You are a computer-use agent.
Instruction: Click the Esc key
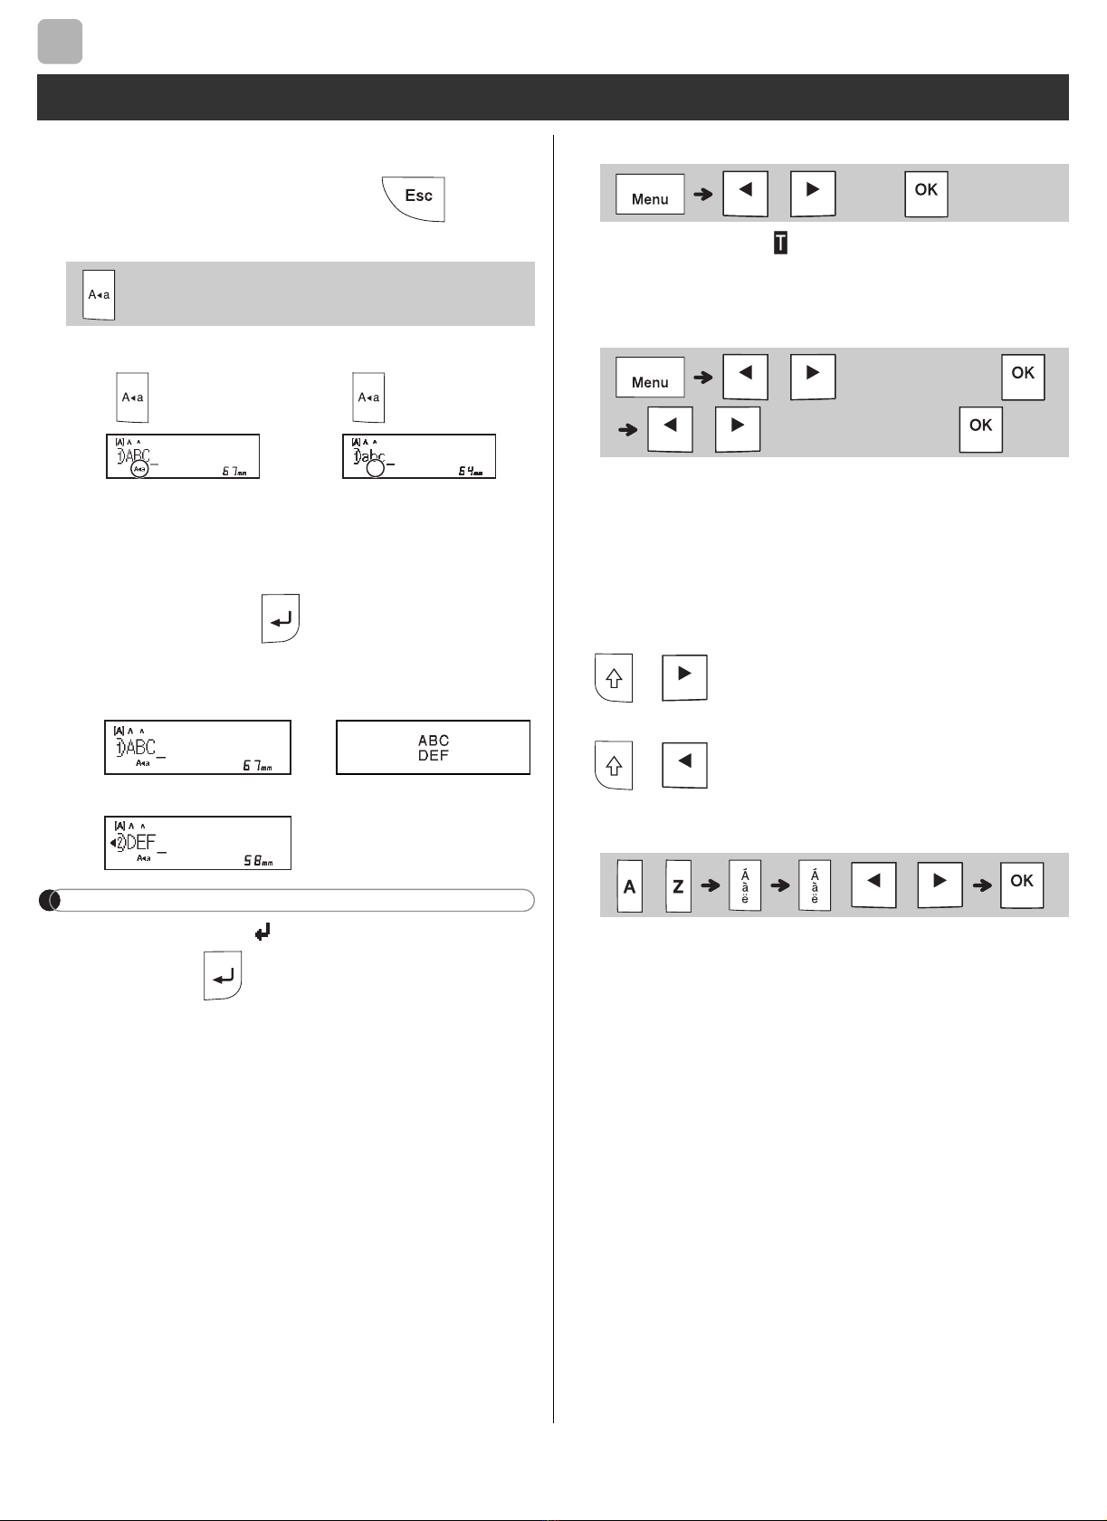tap(416, 197)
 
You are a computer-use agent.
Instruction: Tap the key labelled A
tap(630, 885)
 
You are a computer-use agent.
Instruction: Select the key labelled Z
tap(678, 885)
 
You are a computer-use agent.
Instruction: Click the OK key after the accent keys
tap(1022, 883)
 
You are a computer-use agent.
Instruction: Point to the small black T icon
tap(780, 243)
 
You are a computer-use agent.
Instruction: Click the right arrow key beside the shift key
tap(684, 675)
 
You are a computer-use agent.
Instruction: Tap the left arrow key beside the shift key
tap(684, 763)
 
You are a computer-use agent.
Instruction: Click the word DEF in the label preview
tap(434, 756)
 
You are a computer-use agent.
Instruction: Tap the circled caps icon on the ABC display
tap(138, 470)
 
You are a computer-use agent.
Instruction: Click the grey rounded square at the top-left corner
tap(60, 42)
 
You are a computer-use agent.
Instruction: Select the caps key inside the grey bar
tap(100, 294)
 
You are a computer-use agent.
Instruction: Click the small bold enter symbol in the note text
tap(262, 931)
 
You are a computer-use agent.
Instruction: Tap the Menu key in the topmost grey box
tap(650, 195)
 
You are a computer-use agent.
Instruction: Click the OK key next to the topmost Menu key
tap(926, 193)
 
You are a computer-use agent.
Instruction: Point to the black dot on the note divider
tap(50, 901)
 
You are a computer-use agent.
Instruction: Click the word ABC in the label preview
tap(434, 741)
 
